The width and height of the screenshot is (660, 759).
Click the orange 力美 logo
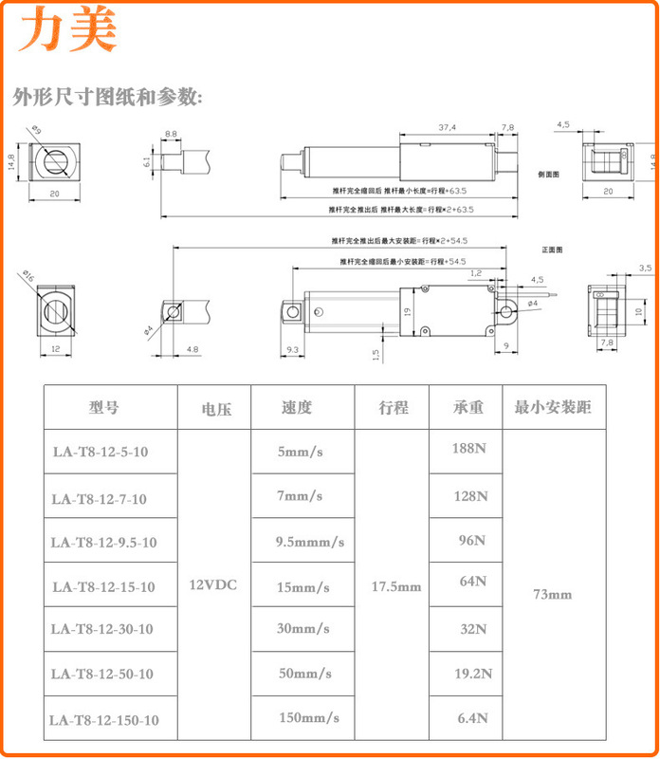click(x=70, y=30)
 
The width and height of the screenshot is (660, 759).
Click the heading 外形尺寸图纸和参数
click(x=107, y=97)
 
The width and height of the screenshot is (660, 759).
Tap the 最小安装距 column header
click(x=553, y=408)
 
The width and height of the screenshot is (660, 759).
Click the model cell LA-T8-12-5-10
click(x=101, y=452)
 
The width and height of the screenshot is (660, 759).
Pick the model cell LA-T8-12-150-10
click(x=104, y=720)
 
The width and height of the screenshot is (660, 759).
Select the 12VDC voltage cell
click(x=213, y=585)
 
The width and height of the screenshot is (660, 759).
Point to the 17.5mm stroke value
click(x=395, y=586)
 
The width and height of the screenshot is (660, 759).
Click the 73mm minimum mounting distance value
click(x=552, y=595)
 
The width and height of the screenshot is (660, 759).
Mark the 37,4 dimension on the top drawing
click(x=447, y=128)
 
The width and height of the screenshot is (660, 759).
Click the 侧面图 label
click(x=549, y=175)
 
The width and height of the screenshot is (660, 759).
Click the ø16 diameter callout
click(x=26, y=276)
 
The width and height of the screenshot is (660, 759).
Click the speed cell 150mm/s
click(x=309, y=717)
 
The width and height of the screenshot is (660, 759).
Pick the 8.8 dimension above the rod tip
click(x=171, y=134)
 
